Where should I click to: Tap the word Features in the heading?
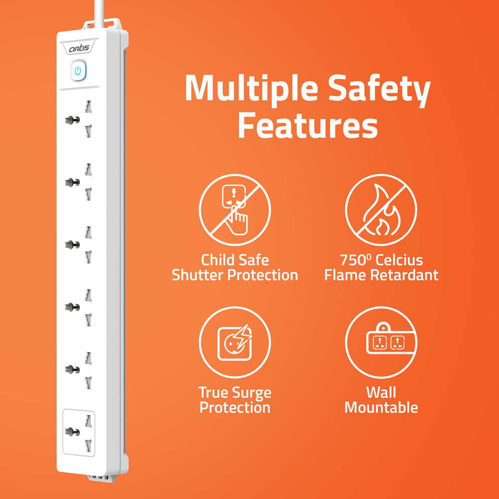pos(307,126)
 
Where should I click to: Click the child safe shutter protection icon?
pos(235,207)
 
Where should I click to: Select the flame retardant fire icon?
pos(381,207)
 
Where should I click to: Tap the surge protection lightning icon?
pos(235,342)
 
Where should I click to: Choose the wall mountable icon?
pos(381,342)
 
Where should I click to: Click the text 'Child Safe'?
pos(235,260)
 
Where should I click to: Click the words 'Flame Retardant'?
pos(381,275)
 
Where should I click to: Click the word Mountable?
pos(381,408)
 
